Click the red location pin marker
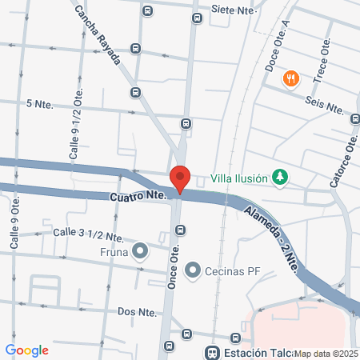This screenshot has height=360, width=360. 180,178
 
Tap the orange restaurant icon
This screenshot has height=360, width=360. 290,78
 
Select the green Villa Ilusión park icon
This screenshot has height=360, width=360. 279,178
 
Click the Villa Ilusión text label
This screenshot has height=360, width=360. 240,178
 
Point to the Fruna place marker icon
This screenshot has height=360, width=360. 141,252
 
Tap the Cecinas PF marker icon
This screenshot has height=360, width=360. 193,270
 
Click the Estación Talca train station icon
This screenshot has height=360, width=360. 212,352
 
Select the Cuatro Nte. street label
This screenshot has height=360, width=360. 137,195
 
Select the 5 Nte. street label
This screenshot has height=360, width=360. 38,104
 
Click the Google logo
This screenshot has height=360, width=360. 27,350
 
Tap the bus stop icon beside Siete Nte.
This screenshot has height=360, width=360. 198,18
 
